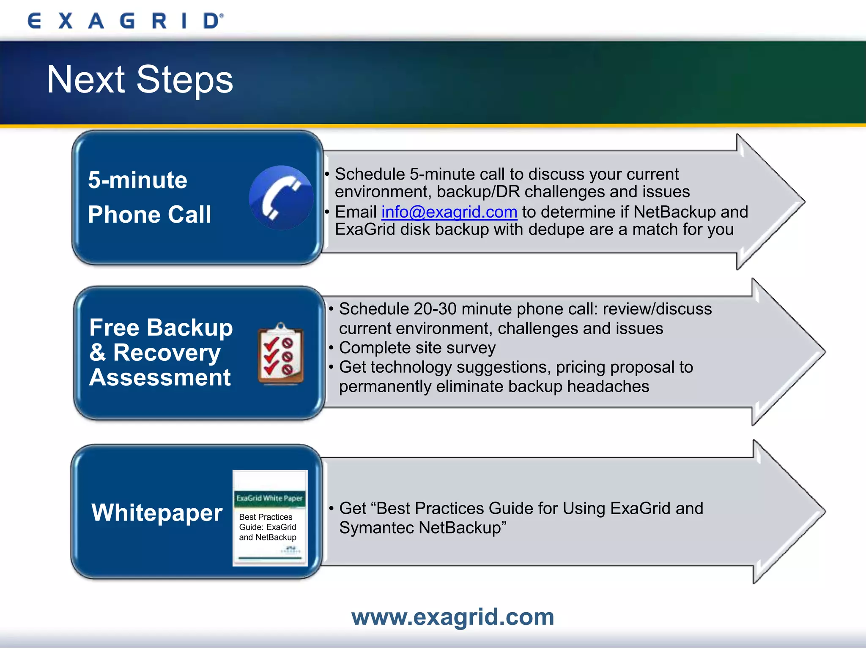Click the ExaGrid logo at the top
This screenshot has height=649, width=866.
125,21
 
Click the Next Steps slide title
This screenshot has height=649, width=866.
140,79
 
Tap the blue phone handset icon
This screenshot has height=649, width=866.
281,198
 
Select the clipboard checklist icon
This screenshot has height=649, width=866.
281,354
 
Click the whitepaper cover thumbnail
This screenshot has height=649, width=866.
270,518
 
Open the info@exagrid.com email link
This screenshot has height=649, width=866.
449,212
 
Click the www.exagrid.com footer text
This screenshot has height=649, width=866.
452,617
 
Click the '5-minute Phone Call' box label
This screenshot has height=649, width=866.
149,197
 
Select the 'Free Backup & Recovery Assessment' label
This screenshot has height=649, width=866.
161,352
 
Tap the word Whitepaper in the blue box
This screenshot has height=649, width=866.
157,513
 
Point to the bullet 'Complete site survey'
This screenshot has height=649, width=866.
417,348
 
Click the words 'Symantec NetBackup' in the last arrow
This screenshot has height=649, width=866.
422,528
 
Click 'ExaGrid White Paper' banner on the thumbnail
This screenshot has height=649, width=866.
269,498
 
